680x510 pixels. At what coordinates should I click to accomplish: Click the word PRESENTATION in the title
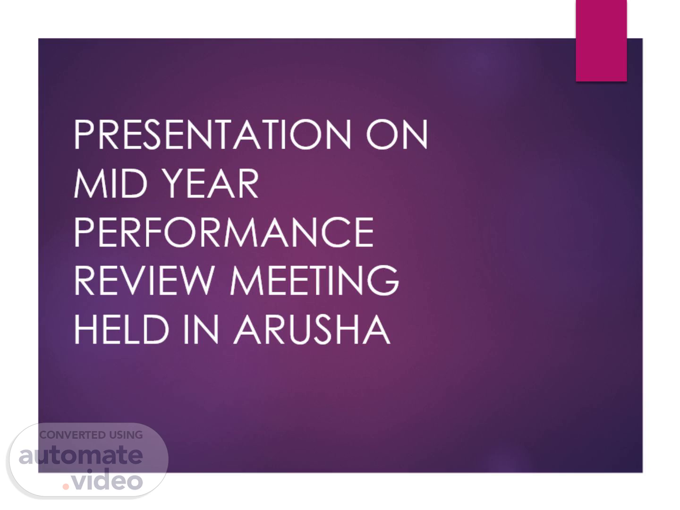point(212,134)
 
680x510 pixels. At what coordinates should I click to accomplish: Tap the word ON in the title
point(397,134)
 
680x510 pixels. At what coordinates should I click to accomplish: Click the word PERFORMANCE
point(224,232)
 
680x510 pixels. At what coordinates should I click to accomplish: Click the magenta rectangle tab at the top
point(601,41)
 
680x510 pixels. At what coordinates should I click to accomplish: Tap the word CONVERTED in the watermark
point(68,435)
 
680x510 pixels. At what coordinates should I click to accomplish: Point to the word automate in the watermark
point(81,455)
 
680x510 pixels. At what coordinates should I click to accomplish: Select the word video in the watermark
point(107,479)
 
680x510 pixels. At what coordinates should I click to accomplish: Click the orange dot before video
point(66,487)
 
